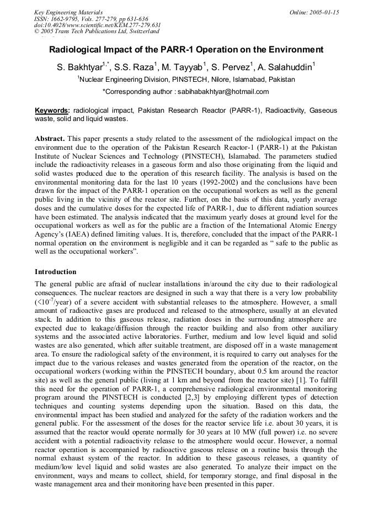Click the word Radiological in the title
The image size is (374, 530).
click(75, 50)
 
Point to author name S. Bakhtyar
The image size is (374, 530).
click(80, 68)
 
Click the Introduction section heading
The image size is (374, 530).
click(56, 272)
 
